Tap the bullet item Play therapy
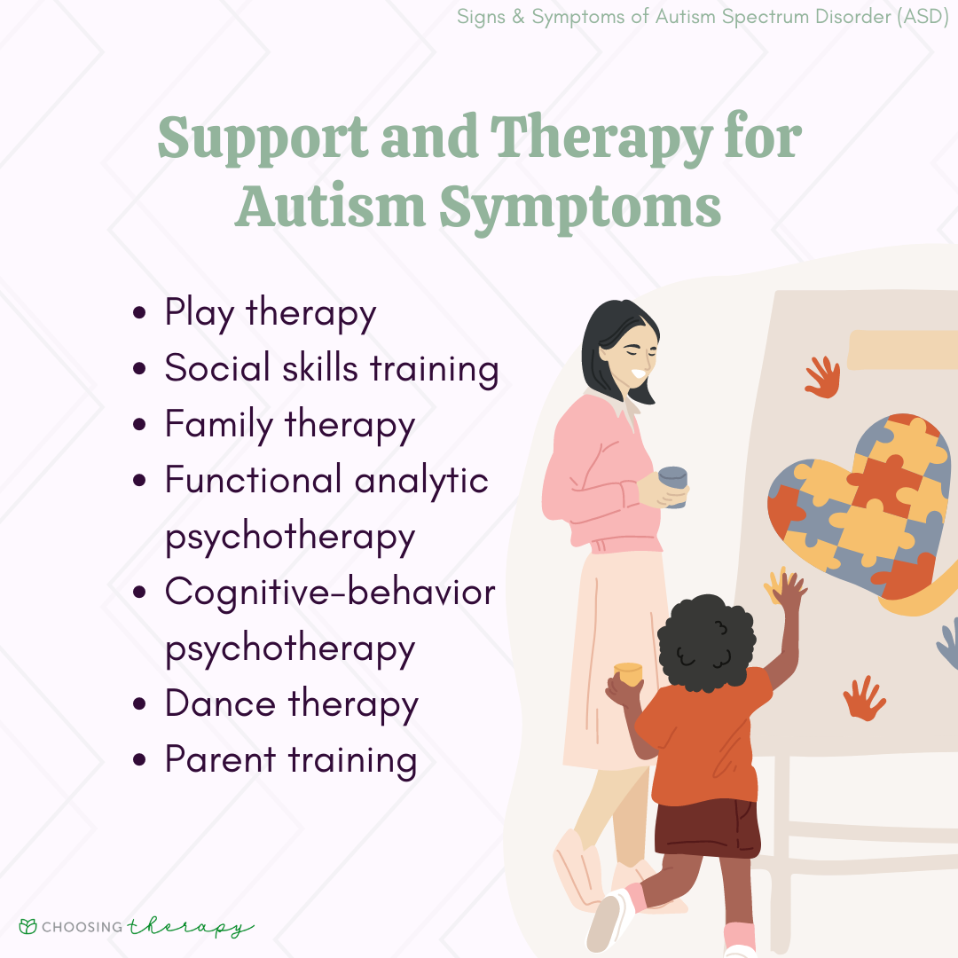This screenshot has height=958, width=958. [271, 313]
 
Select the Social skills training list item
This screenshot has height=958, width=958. [332, 369]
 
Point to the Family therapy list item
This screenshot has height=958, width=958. [289, 425]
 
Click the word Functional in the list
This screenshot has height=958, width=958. [254, 480]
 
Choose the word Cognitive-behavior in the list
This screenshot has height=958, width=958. [330, 592]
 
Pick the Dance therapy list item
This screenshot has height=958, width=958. [291, 703]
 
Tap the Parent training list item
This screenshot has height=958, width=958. [291, 759]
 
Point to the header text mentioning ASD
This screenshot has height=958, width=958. [706, 18]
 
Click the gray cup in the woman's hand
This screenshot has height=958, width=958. [673, 487]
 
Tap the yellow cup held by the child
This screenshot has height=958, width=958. [627, 673]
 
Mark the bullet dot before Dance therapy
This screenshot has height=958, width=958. [139, 705]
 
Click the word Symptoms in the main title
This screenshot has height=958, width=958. [579, 207]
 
